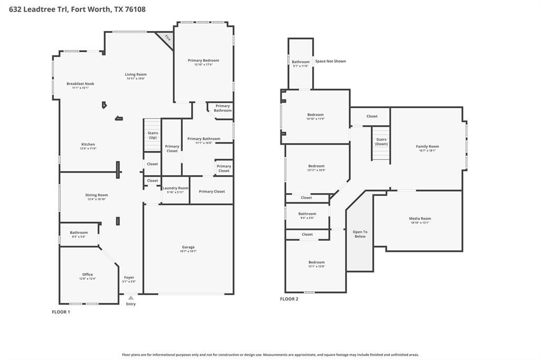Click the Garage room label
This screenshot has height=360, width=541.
[x=188, y=247]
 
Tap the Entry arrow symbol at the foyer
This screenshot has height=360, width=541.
[x=130, y=298]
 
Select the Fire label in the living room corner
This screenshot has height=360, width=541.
[x=167, y=38]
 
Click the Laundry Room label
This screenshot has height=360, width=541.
[x=175, y=188]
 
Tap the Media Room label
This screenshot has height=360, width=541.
[x=420, y=218]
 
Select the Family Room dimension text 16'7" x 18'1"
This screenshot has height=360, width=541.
[x=427, y=150]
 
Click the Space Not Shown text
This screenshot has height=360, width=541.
[x=330, y=61]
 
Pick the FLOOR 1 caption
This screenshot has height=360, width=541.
[x=61, y=312]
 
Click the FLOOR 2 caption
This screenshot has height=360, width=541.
[x=289, y=299]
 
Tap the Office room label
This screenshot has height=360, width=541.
[x=88, y=274]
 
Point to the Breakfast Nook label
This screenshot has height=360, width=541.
[x=80, y=83]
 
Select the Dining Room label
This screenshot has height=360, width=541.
[x=97, y=195]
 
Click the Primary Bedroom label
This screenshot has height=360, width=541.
[x=203, y=60]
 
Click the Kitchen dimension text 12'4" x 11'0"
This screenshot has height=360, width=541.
[x=88, y=149]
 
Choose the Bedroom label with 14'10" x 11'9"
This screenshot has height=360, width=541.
[x=315, y=115]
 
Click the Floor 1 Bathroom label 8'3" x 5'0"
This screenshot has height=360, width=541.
[x=79, y=232]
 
